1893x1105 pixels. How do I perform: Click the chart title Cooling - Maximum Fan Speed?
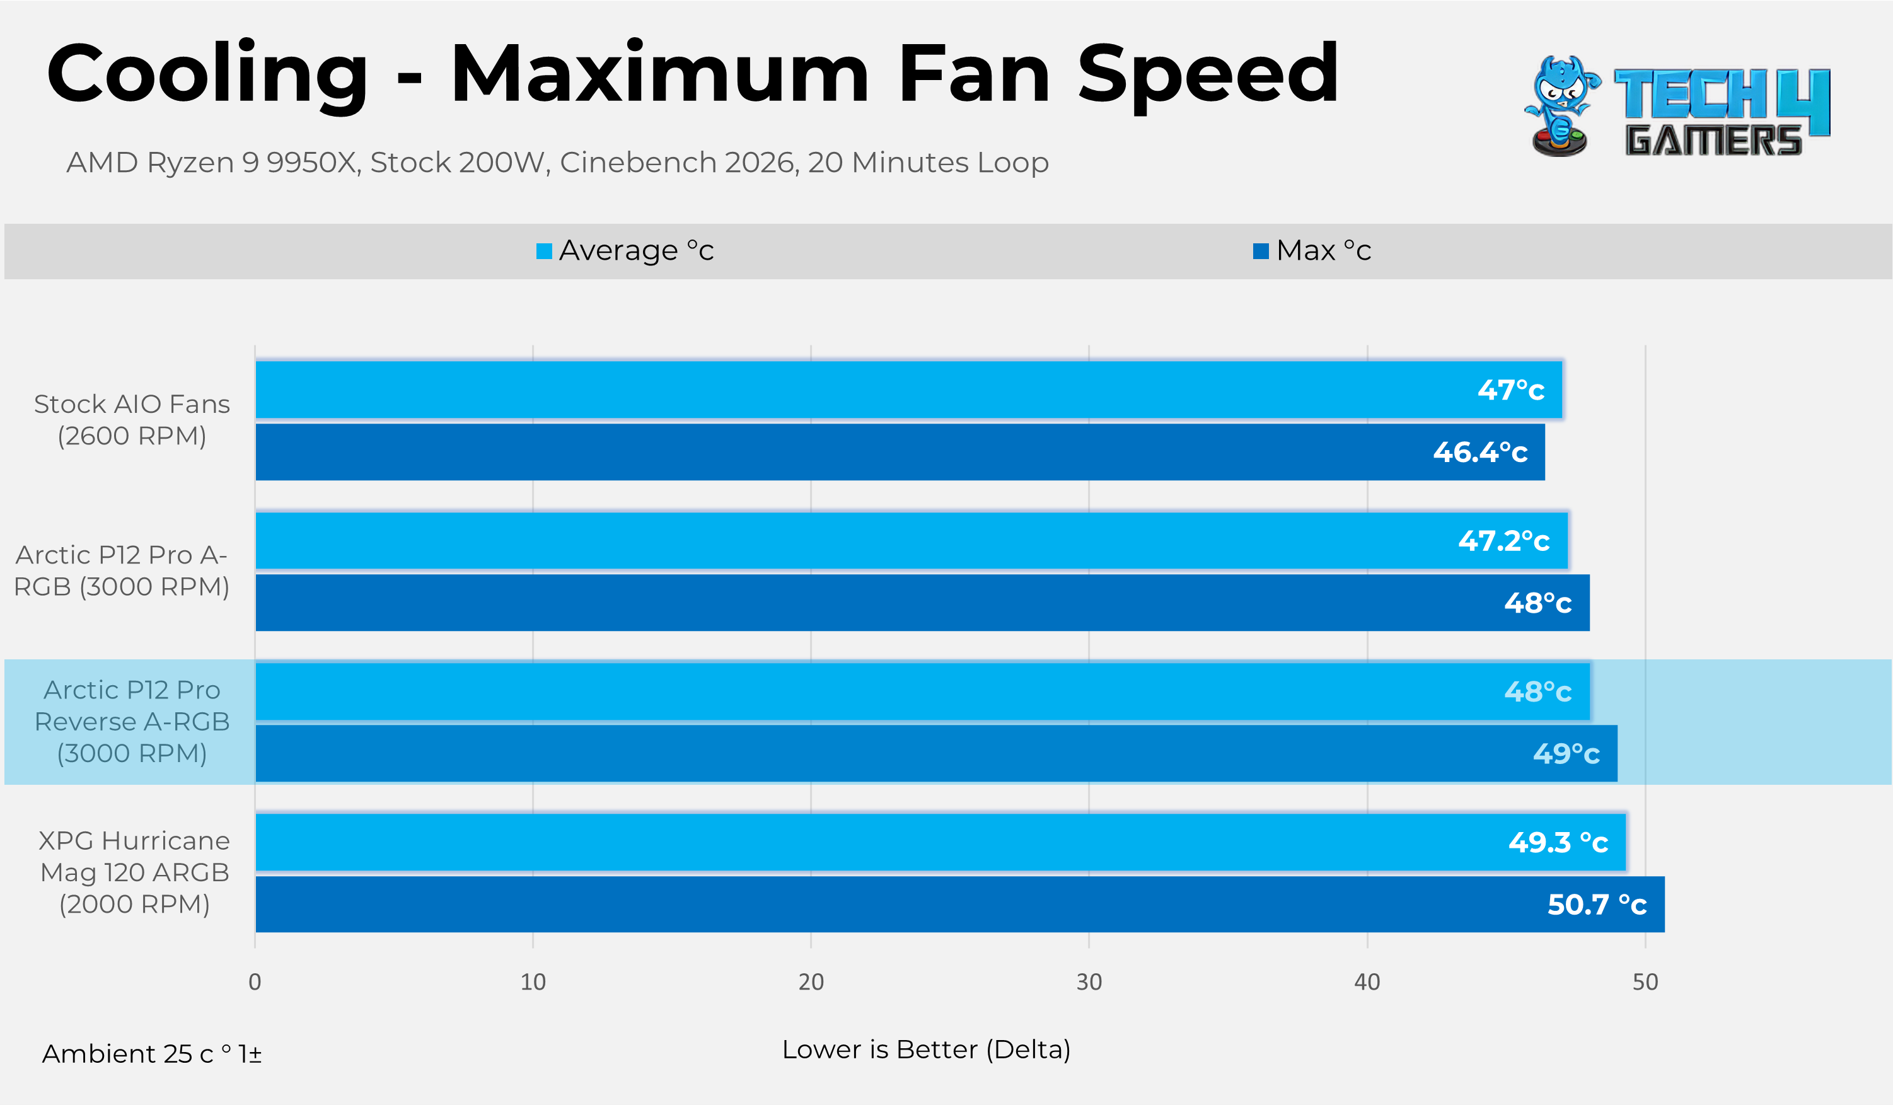692,74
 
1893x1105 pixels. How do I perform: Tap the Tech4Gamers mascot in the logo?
1561,106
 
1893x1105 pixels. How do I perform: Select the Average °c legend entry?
625,250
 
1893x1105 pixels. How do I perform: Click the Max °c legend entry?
1312,250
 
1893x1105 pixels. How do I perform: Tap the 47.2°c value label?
1504,541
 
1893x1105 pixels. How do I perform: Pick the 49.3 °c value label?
1558,842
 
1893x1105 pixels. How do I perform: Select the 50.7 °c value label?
1597,905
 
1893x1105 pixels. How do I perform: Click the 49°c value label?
1566,753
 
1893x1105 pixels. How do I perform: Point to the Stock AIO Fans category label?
132,420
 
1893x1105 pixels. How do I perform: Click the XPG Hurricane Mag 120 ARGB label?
134,872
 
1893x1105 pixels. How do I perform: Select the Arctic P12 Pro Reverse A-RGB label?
132,721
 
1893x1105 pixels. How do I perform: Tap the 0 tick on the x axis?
255,982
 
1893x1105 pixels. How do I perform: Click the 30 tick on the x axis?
1089,982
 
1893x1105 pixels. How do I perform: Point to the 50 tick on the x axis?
1645,982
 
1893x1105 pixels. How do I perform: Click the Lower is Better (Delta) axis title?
926,1050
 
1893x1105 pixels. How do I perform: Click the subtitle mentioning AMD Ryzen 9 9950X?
557,162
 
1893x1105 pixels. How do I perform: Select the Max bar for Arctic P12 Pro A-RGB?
922,603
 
